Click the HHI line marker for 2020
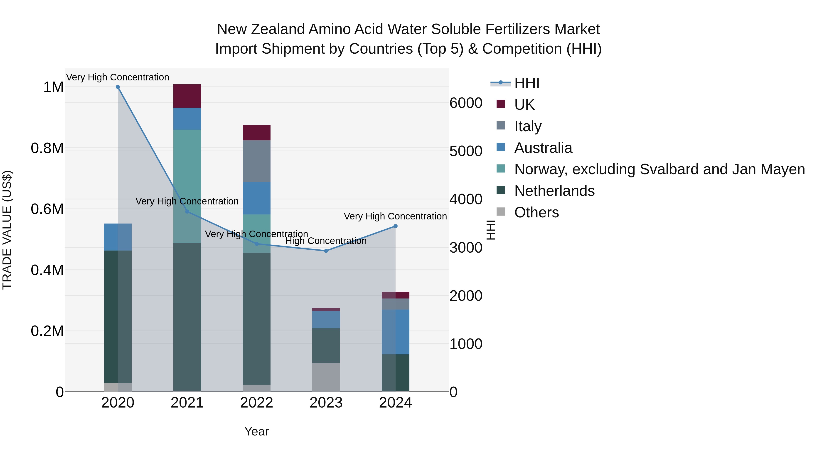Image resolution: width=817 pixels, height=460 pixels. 118,87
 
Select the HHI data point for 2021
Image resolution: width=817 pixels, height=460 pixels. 187,212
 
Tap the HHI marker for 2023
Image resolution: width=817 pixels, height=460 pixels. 326,251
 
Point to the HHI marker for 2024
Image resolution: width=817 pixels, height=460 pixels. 396,226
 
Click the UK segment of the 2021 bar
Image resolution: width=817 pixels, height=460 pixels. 187,96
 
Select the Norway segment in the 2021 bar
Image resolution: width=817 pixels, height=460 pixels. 187,172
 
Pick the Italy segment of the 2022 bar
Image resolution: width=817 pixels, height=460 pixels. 257,161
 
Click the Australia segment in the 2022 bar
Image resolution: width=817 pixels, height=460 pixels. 257,198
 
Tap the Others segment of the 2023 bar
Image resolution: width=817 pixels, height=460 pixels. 326,377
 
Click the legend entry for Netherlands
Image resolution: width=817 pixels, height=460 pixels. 554,191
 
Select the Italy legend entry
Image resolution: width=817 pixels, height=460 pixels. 528,126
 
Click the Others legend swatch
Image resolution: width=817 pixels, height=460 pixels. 500,211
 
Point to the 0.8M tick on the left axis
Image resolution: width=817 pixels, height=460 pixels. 47,149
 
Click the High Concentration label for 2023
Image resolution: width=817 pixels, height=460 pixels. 326,241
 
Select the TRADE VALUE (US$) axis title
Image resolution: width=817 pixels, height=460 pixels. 7,230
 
